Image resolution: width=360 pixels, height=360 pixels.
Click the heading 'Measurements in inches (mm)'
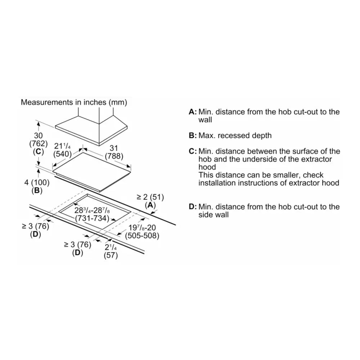click(74, 102)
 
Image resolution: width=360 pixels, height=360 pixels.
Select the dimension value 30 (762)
click(39, 140)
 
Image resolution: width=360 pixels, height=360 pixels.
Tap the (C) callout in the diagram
click(39, 152)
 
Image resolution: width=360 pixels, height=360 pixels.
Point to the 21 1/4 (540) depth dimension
click(62, 150)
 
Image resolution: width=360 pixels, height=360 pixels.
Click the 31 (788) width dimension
click(114, 152)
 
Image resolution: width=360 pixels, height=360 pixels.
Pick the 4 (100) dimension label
click(37, 183)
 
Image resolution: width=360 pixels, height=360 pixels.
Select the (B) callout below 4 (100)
click(37, 190)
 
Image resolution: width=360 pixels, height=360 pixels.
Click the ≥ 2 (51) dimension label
click(150, 197)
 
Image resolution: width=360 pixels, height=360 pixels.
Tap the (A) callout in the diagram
click(150, 205)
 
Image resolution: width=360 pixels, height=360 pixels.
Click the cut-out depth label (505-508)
click(142, 236)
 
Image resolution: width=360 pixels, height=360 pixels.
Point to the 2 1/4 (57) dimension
click(111, 252)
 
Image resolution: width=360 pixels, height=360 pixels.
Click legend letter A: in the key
click(193, 112)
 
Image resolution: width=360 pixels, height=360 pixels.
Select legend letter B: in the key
click(193, 135)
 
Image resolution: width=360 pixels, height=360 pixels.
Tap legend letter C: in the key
click(193, 151)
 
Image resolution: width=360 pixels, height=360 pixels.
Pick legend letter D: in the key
click(193, 207)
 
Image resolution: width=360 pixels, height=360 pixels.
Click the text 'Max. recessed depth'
click(235, 135)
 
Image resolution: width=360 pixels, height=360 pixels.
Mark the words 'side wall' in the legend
click(213, 215)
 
